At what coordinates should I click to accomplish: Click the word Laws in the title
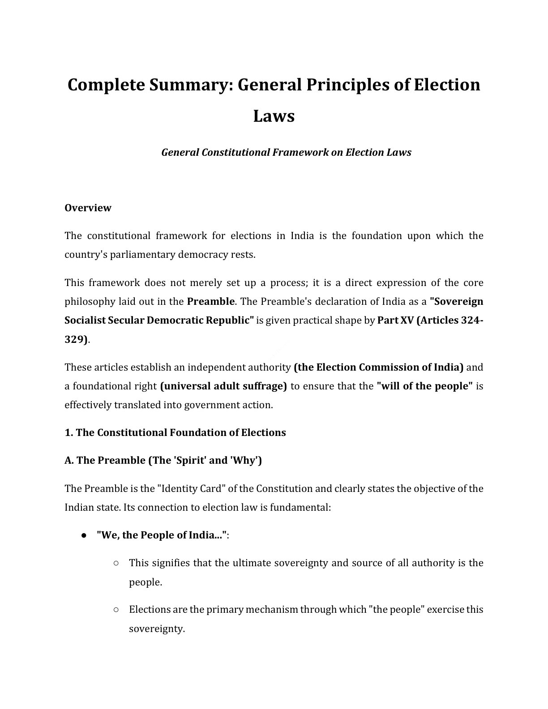tap(274, 116)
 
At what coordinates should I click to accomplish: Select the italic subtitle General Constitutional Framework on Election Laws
tap(286, 152)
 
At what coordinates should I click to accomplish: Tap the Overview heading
tap(88, 208)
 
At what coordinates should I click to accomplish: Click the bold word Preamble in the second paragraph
tap(210, 301)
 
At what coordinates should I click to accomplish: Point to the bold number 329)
tap(76, 339)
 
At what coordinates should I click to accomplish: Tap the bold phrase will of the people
tap(425, 386)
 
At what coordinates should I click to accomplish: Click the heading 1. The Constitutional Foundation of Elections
tap(175, 432)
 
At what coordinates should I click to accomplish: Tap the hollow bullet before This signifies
tap(116, 563)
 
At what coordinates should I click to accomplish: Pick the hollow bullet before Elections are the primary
tap(116, 610)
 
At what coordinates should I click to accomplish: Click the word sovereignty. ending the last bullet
tap(157, 628)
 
